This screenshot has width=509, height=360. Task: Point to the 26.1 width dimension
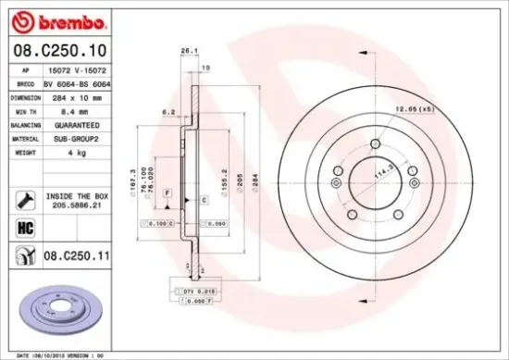tap(189, 50)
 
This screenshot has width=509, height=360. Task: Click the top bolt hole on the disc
tap(373, 144)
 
